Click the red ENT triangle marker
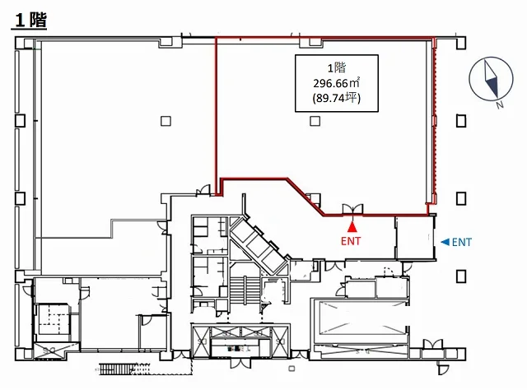[x=352, y=227]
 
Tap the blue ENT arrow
[x=445, y=242]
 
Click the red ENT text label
[x=351, y=241]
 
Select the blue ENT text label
[x=462, y=242]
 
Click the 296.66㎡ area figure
[x=336, y=82]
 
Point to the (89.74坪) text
[x=336, y=98]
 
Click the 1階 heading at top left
[x=31, y=20]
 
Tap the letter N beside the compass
[x=500, y=105]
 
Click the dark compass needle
[x=491, y=79]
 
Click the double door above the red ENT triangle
[x=352, y=209]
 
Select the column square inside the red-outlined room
[x=315, y=121]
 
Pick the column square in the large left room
[x=166, y=121]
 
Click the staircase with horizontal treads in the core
[x=245, y=290]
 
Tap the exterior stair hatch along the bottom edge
[x=117, y=369]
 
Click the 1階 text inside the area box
[x=337, y=68]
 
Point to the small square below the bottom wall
[x=291, y=369]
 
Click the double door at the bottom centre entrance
[x=240, y=363]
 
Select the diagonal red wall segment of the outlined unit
[x=305, y=197]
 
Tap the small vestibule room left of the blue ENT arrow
[x=415, y=238]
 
